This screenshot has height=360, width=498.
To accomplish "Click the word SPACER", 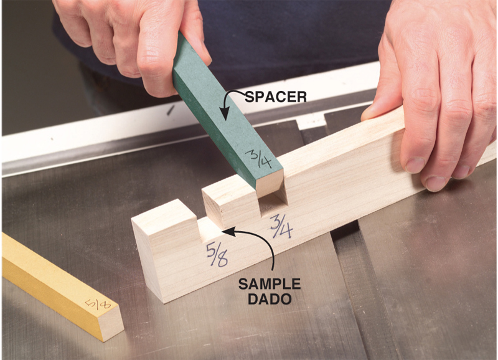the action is pyautogui.click(x=276, y=97).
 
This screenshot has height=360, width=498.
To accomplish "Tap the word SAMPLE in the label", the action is pyautogui.click(x=270, y=284).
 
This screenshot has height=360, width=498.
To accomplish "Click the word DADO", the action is pyautogui.click(x=270, y=299).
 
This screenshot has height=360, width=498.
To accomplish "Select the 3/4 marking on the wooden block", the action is pyautogui.click(x=282, y=226).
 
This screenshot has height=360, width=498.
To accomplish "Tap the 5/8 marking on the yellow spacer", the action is pyautogui.click(x=98, y=303).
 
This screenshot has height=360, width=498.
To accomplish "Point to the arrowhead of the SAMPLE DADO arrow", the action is pyautogui.click(x=228, y=231).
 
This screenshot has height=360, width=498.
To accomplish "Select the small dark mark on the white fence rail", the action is pyautogui.click(x=170, y=110).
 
